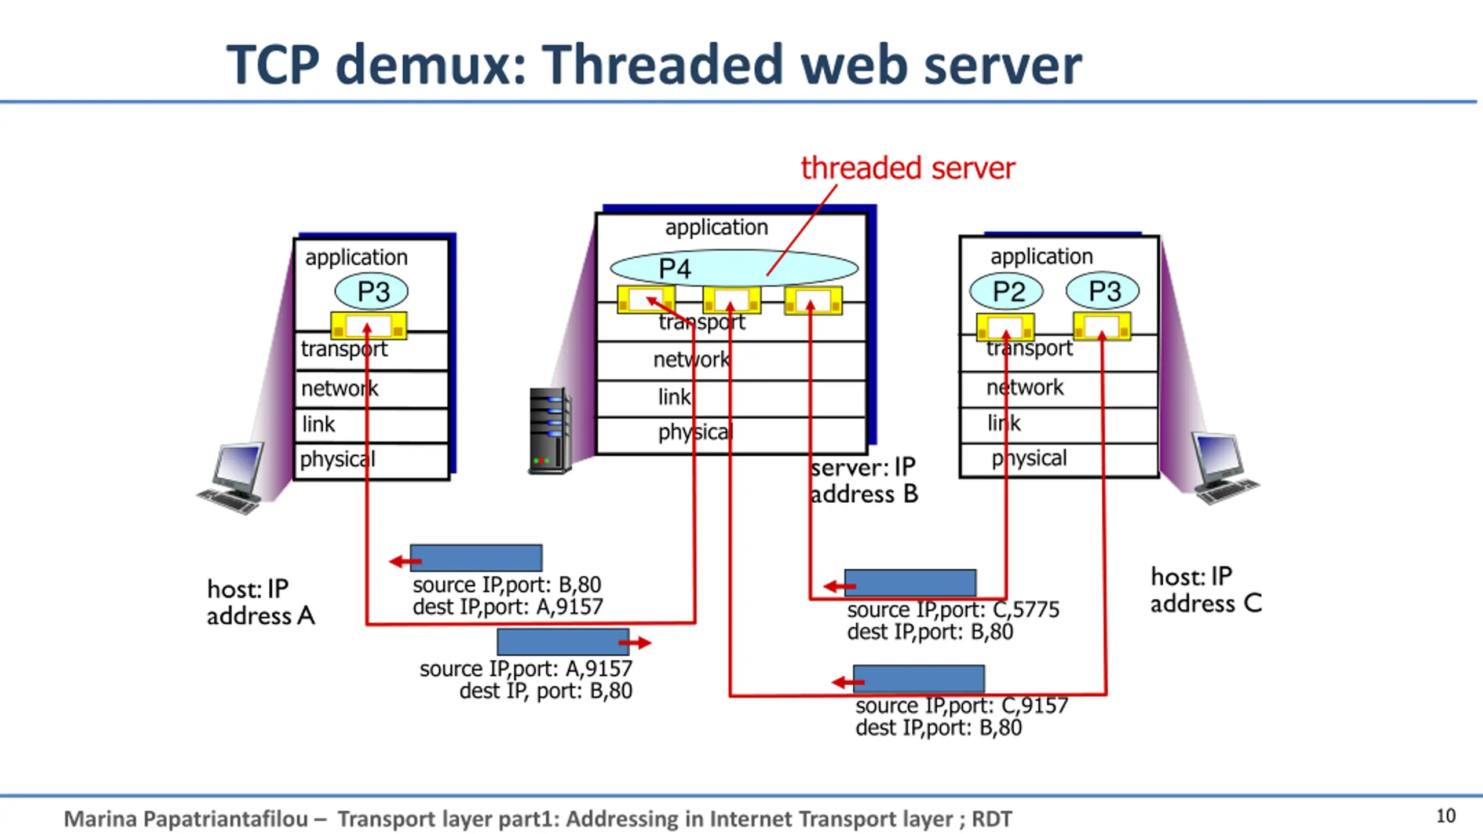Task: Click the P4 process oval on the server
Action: click(x=734, y=268)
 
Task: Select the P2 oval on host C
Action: click(x=1006, y=291)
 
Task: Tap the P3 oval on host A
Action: click(x=371, y=291)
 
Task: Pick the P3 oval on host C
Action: click(x=1102, y=290)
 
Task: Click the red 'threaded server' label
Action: click(x=908, y=168)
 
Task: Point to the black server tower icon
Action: click(x=550, y=431)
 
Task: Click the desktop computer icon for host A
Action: click(x=231, y=478)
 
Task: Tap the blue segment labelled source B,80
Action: click(x=476, y=558)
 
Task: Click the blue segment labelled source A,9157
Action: click(x=563, y=642)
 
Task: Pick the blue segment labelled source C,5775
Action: click(x=910, y=583)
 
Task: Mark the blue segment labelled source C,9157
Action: click(x=919, y=679)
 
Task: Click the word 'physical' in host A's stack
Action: click(x=337, y=460)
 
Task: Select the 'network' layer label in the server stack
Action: click(x=691, y=360)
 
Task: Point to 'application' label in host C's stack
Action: click(x=1042, y=256)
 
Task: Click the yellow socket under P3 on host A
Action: click(x=368, y=325)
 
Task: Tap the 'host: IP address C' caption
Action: click(x=1206, y=590)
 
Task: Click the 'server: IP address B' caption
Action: click(x=864, y=481)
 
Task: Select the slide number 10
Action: click(x=1446, y=816)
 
